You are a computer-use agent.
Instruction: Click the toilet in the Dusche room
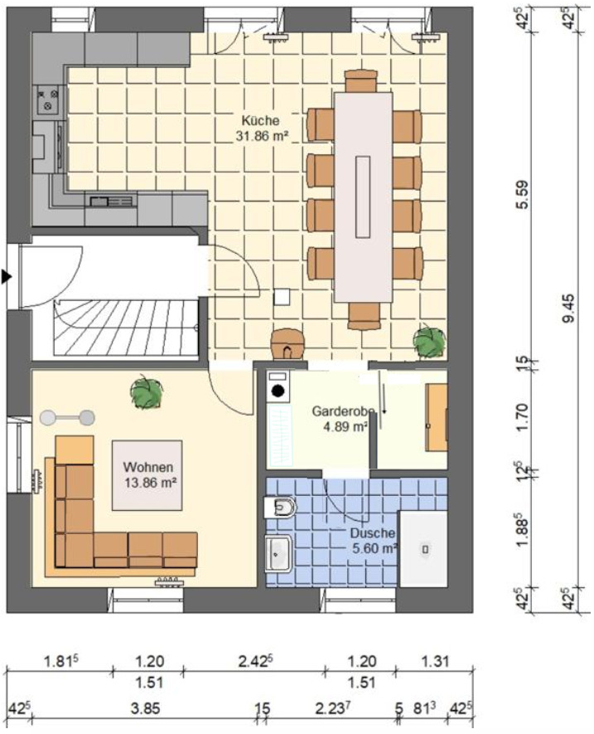(280, 507)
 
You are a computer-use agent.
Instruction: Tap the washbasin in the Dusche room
(278, 554)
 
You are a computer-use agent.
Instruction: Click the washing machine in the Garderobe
(278, 386)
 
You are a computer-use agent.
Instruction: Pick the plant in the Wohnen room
(147, 392)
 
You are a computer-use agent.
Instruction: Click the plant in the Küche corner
(429, 341)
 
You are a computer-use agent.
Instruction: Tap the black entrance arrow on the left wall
(6, 277)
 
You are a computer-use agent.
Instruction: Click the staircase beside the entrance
(126, 328)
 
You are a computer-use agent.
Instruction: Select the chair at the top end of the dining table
(360, 81)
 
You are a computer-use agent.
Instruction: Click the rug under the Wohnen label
(147, 475)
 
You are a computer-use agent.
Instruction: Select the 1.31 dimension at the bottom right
(435, 662)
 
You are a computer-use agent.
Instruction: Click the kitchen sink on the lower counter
(111, 202)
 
